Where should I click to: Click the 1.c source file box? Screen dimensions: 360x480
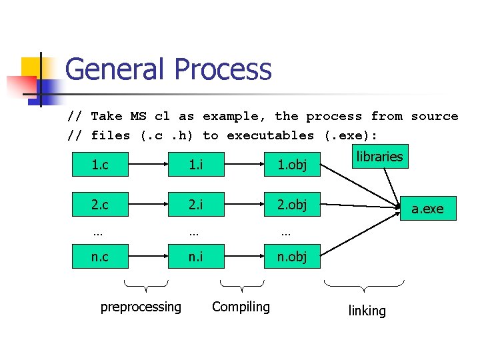click(x=99, y=165)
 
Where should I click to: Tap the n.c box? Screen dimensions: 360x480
click(x=99, y=257)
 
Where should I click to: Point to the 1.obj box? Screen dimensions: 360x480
click(x=292, y=165)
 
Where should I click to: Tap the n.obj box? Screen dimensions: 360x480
click(x=292, y=257)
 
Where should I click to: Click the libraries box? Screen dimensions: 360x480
click(x=379, y=157)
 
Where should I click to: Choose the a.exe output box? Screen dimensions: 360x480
click(x=427, y=209)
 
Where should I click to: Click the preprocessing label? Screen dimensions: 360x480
click(x=141, y=307)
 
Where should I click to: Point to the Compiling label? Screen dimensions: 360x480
click(x=241, y=307)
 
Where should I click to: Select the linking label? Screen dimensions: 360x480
click(x=367, y=311)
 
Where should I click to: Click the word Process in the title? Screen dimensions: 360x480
click(x=223, y=69)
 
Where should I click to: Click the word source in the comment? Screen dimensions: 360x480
click(x=434, y=116)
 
